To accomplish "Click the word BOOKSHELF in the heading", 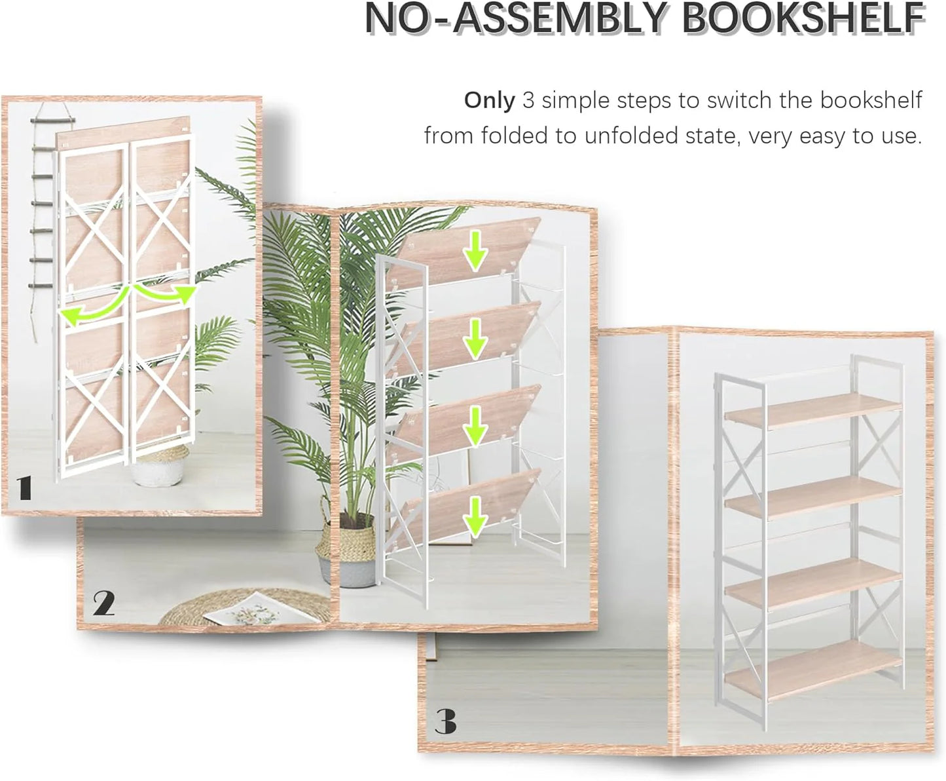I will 803,20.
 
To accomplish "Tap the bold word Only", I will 489,101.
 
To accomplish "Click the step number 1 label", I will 25,489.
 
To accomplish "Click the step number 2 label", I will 103,603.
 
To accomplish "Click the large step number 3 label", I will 446,722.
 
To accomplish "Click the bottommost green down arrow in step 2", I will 475,514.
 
